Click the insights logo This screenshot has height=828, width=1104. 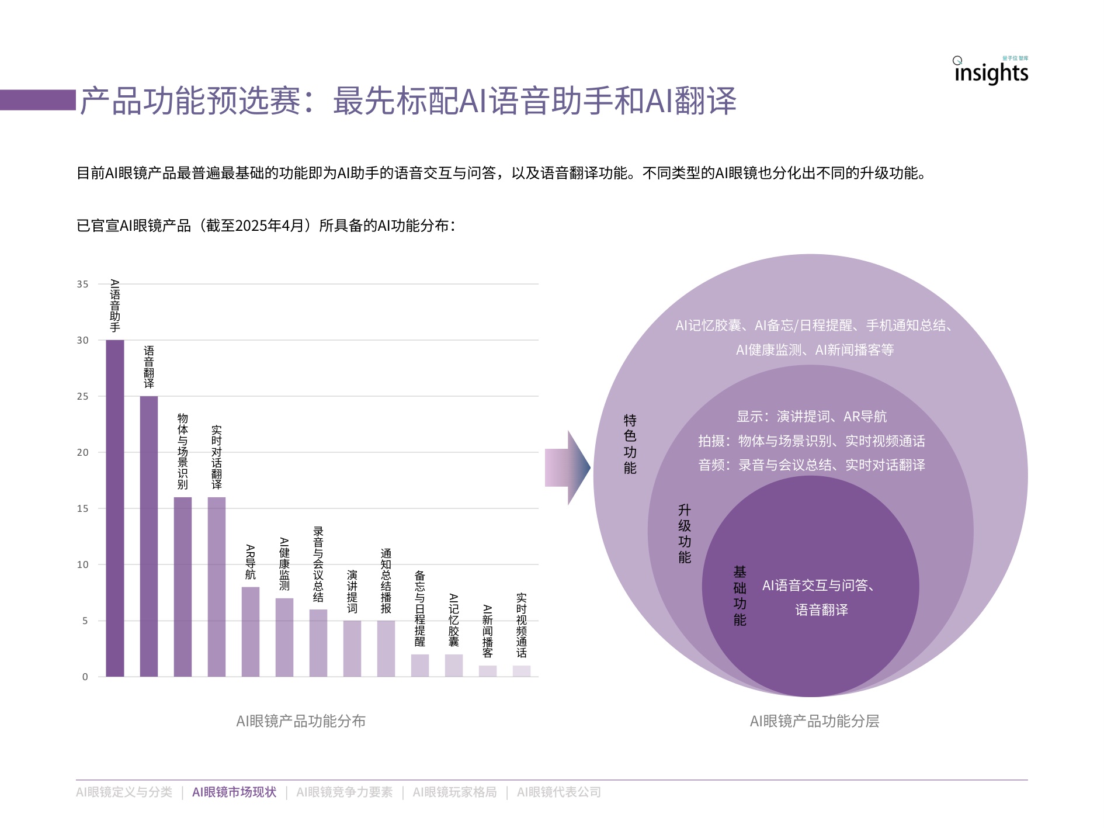pos(991,72)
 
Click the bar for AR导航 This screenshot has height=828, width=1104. pos(251,631)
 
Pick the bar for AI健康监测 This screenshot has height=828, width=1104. pos(284,637)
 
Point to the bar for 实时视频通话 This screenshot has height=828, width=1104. pos(522,671)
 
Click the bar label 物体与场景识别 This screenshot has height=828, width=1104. pos(183,451)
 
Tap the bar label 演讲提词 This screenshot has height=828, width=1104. pos(352,591)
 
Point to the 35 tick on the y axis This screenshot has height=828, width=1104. pos(83,285)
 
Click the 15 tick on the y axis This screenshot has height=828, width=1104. pos(83,509)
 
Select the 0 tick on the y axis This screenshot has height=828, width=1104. pos(85,677)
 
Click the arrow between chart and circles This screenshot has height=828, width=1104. pos(567,467)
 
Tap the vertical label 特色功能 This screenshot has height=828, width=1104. pos(630,444)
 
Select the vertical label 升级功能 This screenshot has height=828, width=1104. pos(685,533)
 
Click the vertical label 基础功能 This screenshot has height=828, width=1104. pos(740,595)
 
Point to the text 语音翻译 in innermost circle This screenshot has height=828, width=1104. pos(821,610)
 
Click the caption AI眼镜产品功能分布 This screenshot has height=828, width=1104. pos(301,721)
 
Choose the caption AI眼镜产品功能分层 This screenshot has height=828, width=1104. pos(814,721)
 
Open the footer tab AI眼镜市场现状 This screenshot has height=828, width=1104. pos(234,792)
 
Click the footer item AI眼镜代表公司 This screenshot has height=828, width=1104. pos(558,792)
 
